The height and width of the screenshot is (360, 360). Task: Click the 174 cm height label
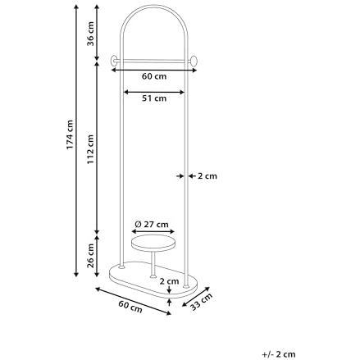(70, 134)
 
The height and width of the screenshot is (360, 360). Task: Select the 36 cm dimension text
(90, 34)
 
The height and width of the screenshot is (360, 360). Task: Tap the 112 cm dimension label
(90, 149)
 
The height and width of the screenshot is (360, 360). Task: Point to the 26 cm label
(90, 256)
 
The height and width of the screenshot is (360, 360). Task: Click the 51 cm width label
(154, 98)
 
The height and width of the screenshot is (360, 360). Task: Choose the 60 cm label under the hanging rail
(154, 76)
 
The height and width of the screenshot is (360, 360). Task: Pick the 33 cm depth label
(201, 302)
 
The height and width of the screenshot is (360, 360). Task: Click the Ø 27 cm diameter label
(152, 224)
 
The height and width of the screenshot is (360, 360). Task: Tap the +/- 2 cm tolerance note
(279, 354)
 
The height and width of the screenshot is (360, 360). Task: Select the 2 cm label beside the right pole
(207, 176)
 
